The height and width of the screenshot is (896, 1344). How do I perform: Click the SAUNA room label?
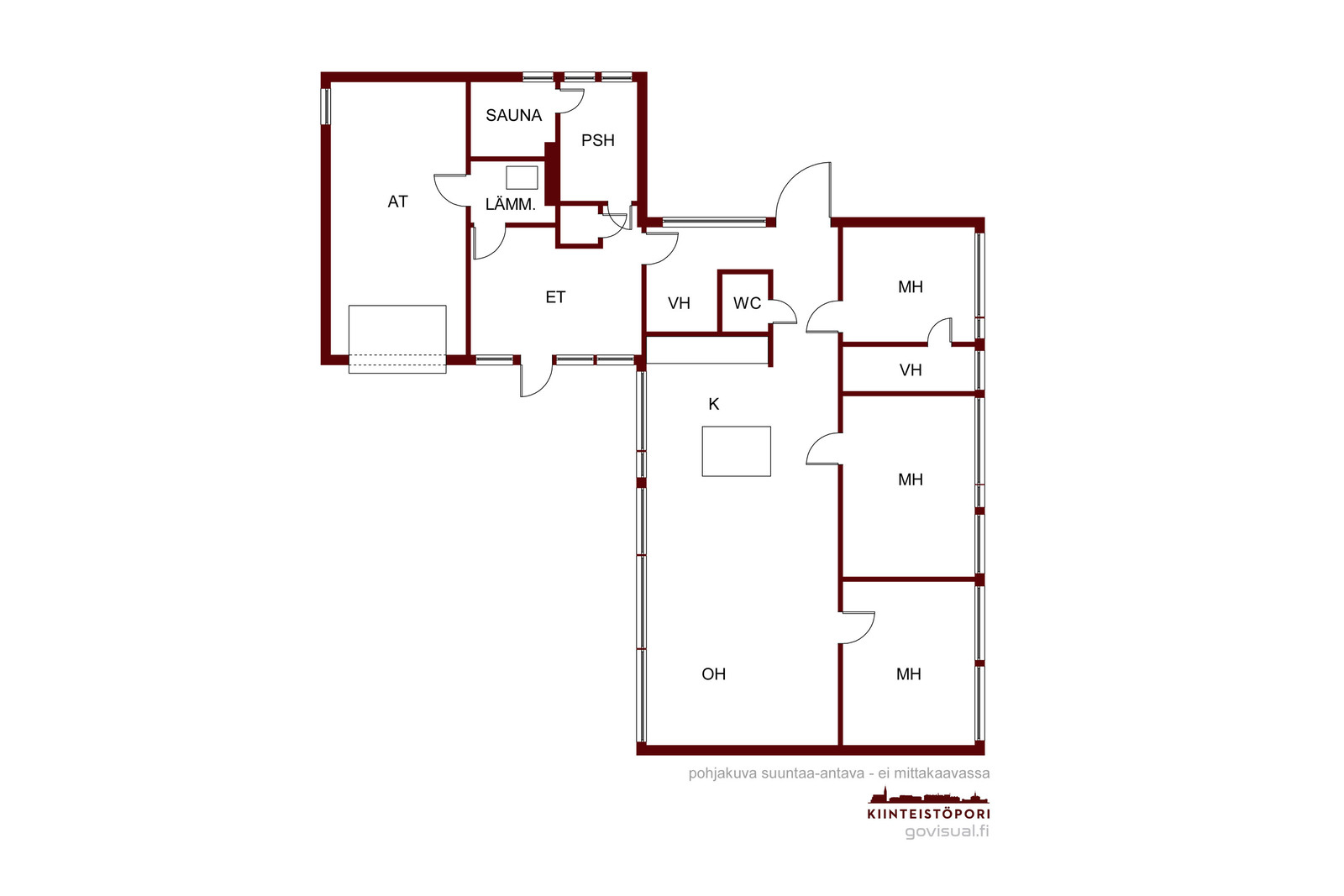[x=513, y=115]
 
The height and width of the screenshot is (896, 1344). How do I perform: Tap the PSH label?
[x=597, y=140]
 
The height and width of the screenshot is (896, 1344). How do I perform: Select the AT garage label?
[x=398, y=202]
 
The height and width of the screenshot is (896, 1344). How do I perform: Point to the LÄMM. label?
[x=510, y=204]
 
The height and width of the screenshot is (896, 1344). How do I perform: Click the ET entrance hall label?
[x=555, y=297]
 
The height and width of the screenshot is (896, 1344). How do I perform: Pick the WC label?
[x=747, y=303]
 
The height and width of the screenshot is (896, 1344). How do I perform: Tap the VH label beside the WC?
[x=679, y=303]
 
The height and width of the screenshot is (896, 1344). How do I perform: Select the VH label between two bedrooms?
[x=911, y=370]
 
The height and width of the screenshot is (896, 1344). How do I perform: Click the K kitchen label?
[x=713, y=404]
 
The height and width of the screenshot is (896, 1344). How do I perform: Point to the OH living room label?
[x=713, y=674]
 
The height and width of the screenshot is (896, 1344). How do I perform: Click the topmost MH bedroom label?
[x=911, y=286]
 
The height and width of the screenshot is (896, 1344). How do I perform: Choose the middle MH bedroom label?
[x=911, y=479]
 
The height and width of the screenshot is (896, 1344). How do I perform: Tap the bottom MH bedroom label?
[x=908, y=674]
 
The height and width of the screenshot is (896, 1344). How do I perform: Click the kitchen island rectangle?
[x=736, y=452]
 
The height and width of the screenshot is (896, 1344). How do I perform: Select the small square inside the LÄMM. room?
[x=522, y=177]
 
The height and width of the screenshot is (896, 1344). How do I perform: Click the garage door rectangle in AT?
[x=397, y=339]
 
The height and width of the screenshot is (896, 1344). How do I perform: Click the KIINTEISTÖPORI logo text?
[x=929, y=814]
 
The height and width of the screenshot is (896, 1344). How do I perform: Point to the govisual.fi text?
[x=947, y=831]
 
